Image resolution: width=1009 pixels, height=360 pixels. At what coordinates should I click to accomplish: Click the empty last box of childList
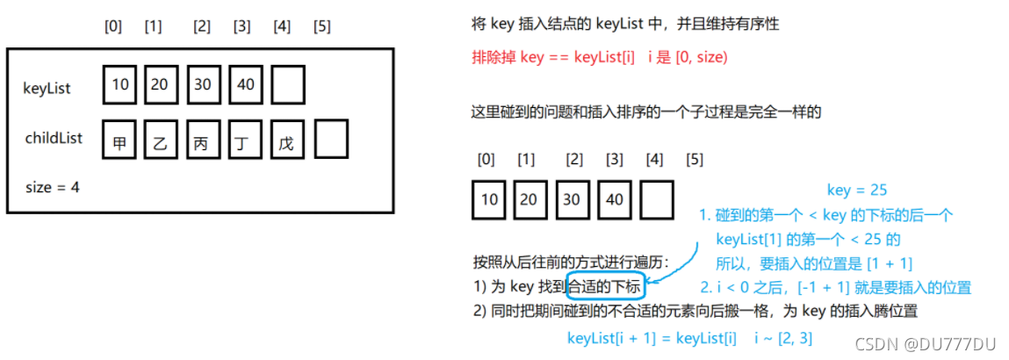click(x=331, y=139)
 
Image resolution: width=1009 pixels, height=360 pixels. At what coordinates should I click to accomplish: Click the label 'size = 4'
click(x=54, y=186)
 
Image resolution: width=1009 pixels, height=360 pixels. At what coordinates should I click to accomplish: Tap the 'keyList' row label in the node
click(x=47, y=88)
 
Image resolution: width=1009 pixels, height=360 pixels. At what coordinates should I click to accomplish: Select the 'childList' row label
click(x=53, y=138)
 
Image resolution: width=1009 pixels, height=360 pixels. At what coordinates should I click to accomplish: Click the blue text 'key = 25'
click(x=856, y=191)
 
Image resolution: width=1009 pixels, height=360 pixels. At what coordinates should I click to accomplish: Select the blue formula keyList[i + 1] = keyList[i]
click(x=652, y=338)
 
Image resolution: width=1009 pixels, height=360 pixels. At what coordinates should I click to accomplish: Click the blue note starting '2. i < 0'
click(x=835, y=287)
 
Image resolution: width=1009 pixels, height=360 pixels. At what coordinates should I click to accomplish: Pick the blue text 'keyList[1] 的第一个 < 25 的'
click(x=808, y=239)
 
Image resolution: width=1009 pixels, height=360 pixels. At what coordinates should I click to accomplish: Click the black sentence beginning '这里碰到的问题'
click(x=646, y=112)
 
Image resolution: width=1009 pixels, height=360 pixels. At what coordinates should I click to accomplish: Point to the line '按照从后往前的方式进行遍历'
click(x=571, y=262)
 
